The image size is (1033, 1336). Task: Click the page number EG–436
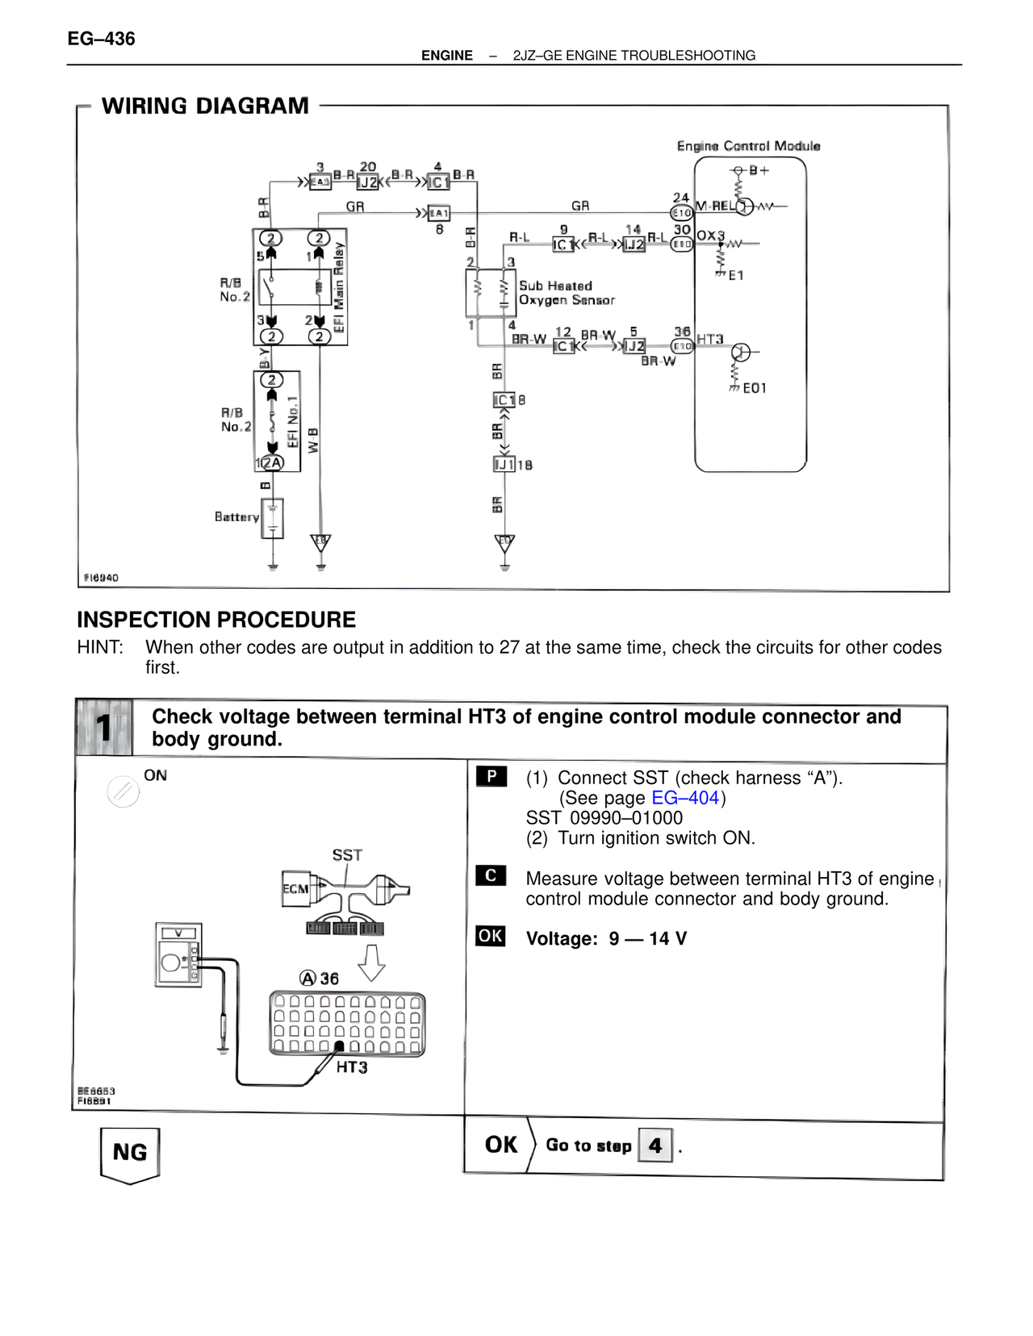[101, 39]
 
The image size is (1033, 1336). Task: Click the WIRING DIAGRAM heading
[205, 106]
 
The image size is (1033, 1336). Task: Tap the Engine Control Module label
[748, 146]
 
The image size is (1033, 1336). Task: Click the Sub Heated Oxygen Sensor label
[566, 293]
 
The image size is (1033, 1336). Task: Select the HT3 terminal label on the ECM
[710, 339]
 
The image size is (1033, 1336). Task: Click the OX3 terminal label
[710, 236]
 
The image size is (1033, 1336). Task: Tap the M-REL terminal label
[715, 207]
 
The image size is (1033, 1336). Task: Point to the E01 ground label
[755, 388]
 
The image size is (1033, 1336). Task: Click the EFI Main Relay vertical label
[339, 286]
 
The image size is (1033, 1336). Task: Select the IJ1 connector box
[504, 465]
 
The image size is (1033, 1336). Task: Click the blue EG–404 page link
[685, 798]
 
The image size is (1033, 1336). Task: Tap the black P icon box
[491, 777]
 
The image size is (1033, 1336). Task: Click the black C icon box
[491, 876]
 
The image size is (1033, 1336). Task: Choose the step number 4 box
[655, 1145]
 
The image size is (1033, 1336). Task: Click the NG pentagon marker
[130, 1154]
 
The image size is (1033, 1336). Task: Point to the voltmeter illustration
[178, 955]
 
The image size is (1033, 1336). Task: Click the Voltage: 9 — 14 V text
[606, 938]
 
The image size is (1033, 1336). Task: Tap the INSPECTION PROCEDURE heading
[216, 620]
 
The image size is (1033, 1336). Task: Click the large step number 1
[104, 728]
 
